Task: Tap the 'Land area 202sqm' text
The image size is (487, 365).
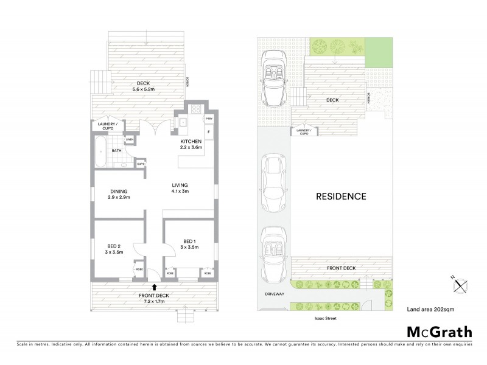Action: click(x=430, y=310)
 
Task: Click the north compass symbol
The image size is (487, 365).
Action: click(x=460, y=283)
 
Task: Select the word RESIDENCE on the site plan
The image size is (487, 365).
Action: click(x=340, y=196)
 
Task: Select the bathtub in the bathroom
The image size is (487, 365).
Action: click(x=100, y=152)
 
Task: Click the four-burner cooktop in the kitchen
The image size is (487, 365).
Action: click(x=197, y=110)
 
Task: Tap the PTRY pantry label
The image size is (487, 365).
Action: click(x=208, y=119)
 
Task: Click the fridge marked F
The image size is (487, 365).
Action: click(x=208, y=131)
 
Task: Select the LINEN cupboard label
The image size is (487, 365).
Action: click(x=129, y=141)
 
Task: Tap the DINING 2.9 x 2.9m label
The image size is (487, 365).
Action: click(x=119, y=194)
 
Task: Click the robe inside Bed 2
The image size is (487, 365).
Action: click(x=138, y=269)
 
